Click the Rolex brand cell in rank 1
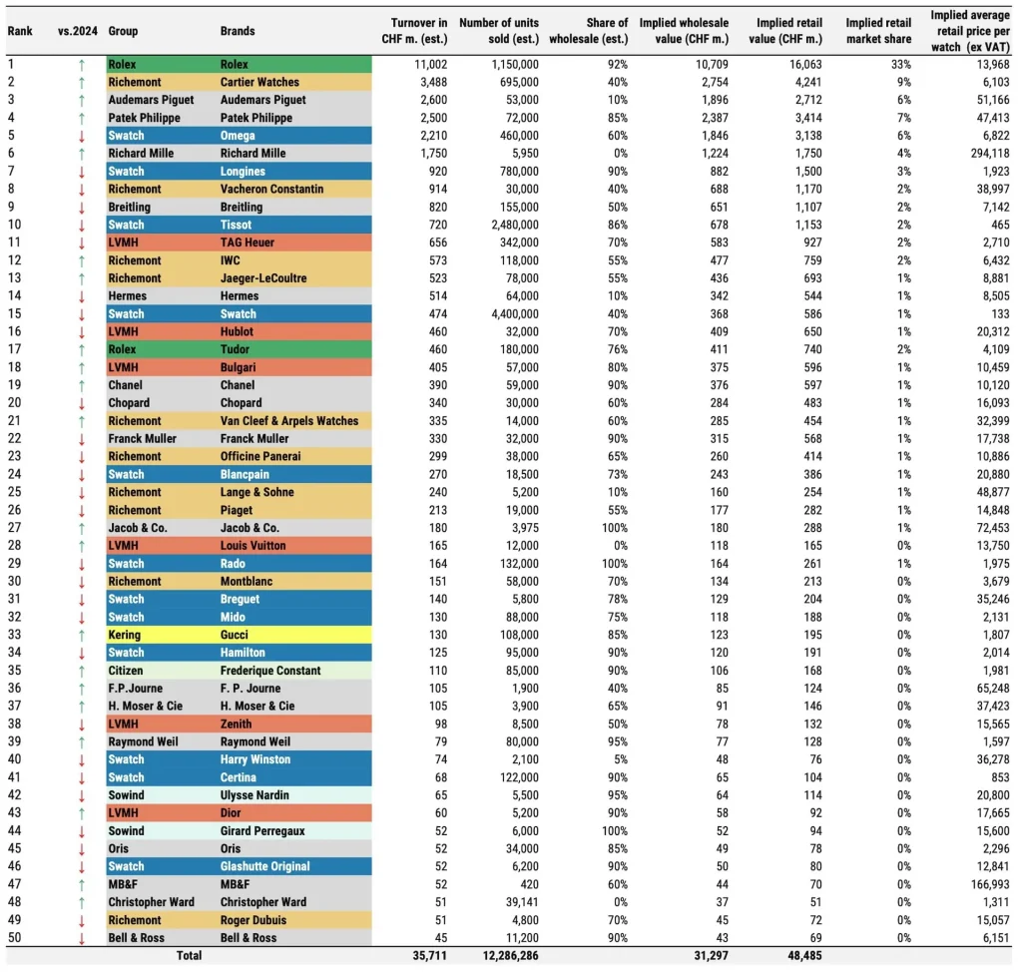point(236,65)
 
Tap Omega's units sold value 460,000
point(514,136)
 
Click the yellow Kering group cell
point(125,635)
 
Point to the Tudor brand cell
point(235,349)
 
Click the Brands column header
point(238,31)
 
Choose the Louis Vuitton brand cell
point(253,546)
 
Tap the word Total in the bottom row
point(188,955)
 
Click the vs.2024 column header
point(76,31)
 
